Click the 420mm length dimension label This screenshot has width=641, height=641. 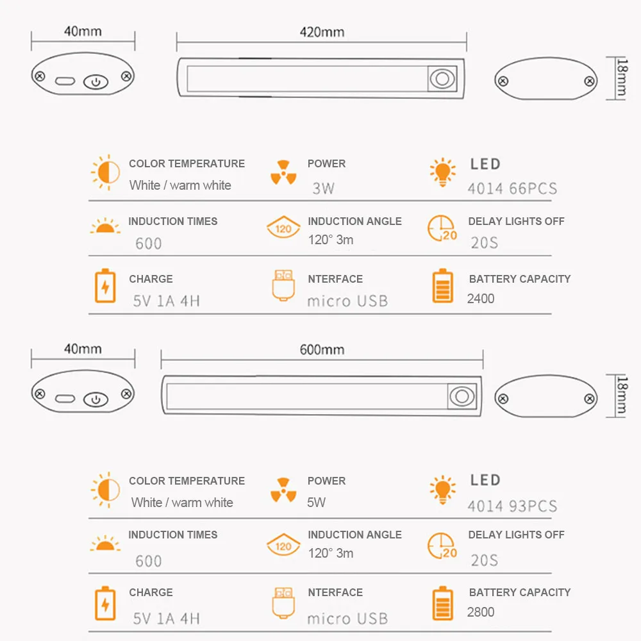[x=322, y=32]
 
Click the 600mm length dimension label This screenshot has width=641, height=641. [x=322, y=350]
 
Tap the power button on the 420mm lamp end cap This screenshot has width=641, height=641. [x=96, y=82]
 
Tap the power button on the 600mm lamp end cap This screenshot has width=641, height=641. [x=96, y=399]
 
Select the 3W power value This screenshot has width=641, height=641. [x=323, y=188]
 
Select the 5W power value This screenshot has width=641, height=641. [x=317, y=503]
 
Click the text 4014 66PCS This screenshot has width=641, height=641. [x=512, y=188]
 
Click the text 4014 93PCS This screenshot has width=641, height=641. [x=512, y=506]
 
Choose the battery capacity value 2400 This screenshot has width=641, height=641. [x=481, y=298]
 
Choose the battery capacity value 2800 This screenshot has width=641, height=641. [x=481, y=612]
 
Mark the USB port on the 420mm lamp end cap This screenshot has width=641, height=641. [x=65, y=82]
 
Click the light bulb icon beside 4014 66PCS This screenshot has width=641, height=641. [x=442, y=172]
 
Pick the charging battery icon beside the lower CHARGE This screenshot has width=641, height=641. [x=105, y=604]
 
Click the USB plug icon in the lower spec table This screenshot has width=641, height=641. [x=283, y=603]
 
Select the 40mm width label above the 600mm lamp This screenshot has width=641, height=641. [x=82, y=349]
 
